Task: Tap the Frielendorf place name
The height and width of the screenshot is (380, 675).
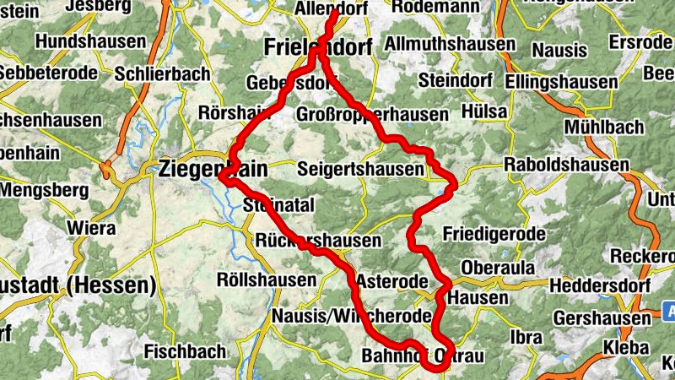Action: click(x=317, y=47)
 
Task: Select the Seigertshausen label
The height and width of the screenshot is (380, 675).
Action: click(x=360, y=170)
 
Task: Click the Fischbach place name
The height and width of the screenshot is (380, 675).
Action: click(x=185, y=350)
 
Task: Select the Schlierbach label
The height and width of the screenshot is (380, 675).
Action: click(x=164, y=74)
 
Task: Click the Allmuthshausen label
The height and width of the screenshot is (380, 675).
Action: click(x=449, y=43)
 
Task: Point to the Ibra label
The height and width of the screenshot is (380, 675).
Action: click(x=526, y=337)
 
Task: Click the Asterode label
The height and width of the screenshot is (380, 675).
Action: click(x=394, y=280)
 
